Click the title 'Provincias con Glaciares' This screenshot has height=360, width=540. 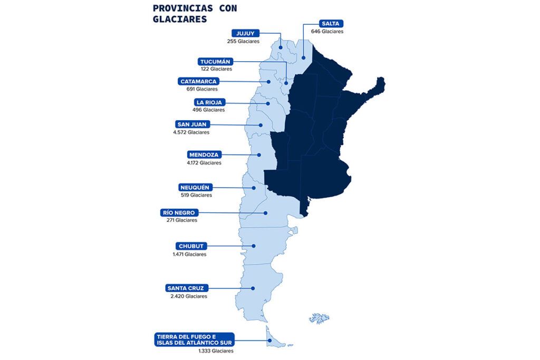point(195,14)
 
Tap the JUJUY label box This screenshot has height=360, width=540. point(245,33)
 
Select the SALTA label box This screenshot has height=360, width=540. point(331,24)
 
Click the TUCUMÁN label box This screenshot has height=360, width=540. point(216,61)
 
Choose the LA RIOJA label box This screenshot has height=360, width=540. point(208,102)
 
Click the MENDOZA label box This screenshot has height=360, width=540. point(204,155)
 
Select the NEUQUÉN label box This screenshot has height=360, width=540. point(195,187)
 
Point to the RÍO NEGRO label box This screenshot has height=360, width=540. point(181,212)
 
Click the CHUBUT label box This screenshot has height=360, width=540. point(190,246)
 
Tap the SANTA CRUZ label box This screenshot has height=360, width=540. point(187,288)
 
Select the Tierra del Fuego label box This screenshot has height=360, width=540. point(194,340)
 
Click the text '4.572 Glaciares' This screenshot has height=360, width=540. point(191,132)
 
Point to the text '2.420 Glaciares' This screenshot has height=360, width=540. point(188,296)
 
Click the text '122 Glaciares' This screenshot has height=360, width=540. point(216,69)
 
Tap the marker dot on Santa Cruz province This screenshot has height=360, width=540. point(254,288)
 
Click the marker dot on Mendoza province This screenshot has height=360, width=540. point(259,155)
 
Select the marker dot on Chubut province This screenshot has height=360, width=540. point(254,246)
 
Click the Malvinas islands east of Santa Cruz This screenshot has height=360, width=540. point(319,318)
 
